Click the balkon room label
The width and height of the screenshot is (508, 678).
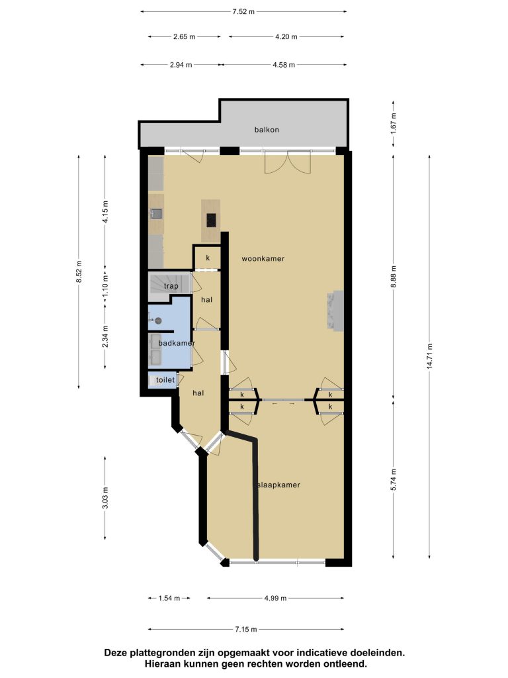pos(267,130)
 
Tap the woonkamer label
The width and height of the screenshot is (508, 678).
pos(263,259)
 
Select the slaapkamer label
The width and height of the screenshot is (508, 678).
pos(278,485)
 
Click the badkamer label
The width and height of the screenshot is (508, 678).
pos(177,343)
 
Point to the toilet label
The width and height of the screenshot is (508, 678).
pos(165,379)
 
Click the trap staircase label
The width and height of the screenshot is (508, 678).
pos(171,286)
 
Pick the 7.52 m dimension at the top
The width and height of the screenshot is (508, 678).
pos(243,12)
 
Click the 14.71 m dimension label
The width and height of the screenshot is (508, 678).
pos(430,356)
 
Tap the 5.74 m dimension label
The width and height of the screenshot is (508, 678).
pos(393,479)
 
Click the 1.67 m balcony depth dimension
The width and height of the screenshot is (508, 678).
pos(393,123)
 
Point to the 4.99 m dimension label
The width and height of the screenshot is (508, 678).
pos(275,599)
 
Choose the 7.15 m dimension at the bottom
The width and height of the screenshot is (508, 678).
pos(246,630)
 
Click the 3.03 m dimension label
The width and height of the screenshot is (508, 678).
pos(105,498)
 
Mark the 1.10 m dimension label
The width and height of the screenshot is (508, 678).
pos(105,285)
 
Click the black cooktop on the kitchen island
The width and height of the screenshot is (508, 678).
pos(211,220)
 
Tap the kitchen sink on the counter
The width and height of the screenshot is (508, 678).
pos(156,214)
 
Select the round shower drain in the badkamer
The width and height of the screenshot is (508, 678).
pos(158,320)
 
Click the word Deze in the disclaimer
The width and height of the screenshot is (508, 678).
pos(116,653)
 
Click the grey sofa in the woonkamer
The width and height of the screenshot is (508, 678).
pos(335,311)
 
